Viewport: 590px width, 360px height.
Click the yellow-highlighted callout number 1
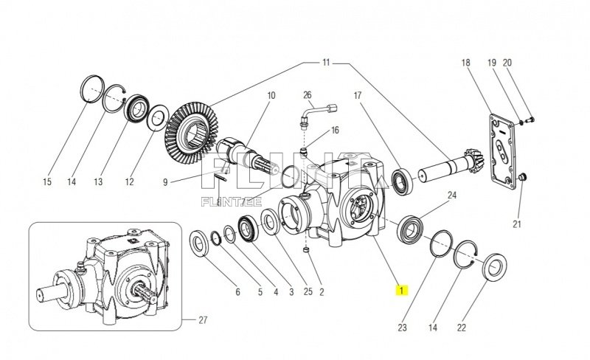[x=400, y=290]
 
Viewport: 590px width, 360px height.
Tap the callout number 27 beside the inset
[x=203, y=320]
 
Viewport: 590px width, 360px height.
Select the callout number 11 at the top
[x=325, y=63]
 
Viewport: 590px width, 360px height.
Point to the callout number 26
[x=308, y=95]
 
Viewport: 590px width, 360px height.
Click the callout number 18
[x=465, y=63]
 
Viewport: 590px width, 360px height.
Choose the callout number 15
[x=48, y=181]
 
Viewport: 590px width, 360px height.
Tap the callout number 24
[x=452, y=195]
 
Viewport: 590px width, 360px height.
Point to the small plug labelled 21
[x=522, y=177]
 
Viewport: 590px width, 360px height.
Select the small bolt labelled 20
[x=531, y=119]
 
